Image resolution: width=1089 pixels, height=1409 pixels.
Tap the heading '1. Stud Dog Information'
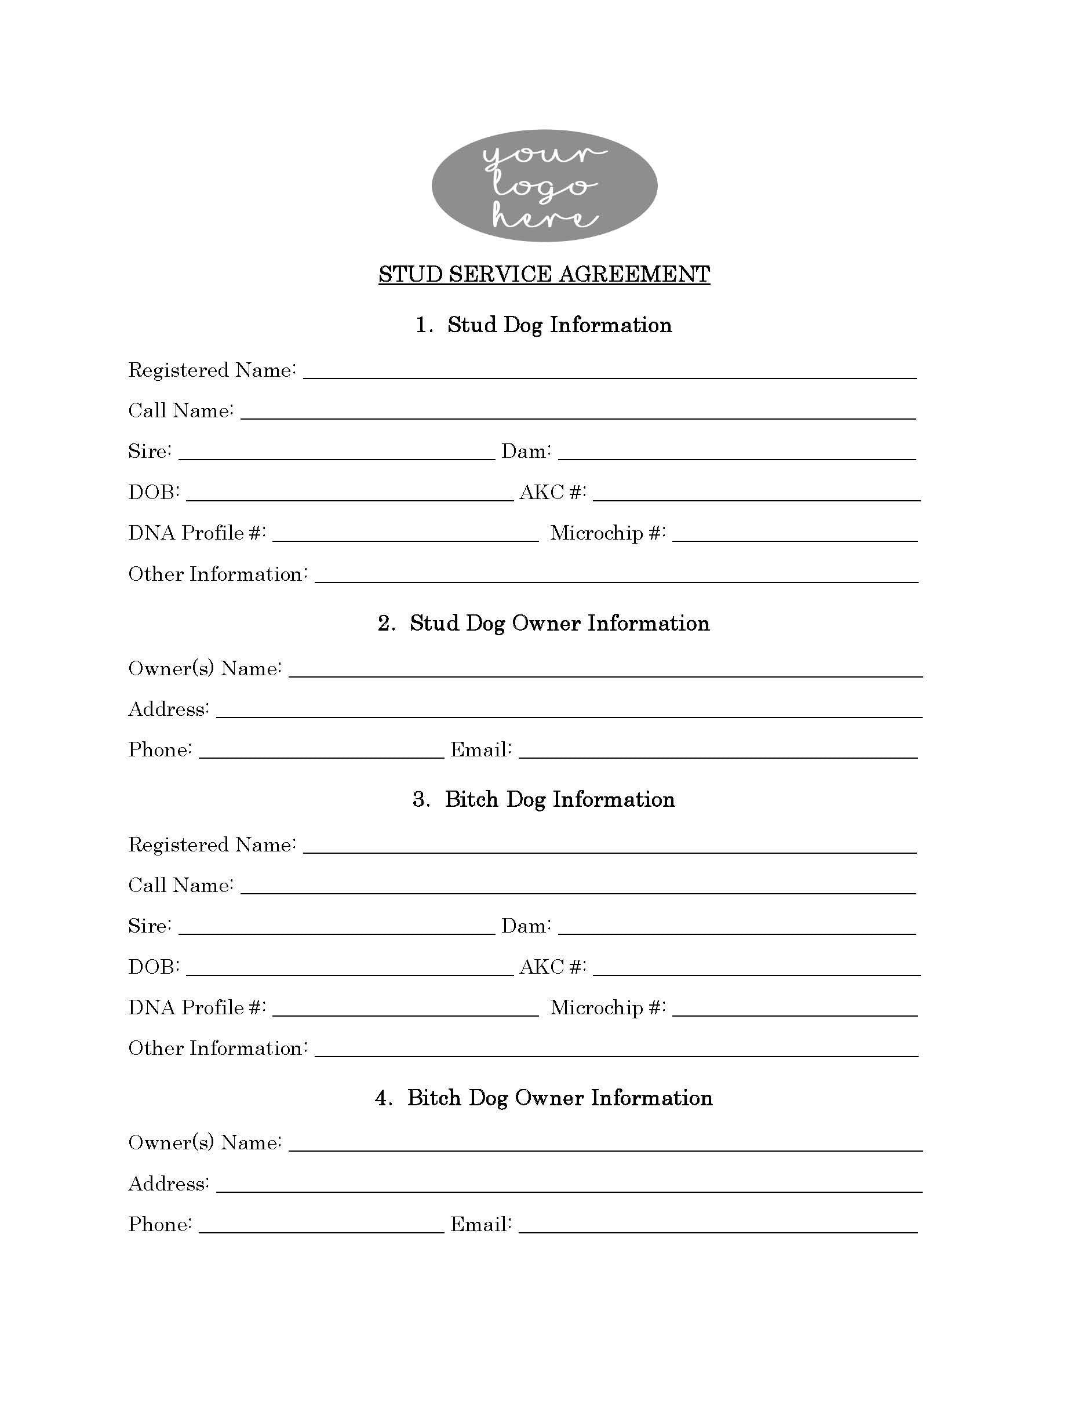tap(544, 325)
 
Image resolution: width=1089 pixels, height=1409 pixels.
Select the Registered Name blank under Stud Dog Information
tap(610, 372)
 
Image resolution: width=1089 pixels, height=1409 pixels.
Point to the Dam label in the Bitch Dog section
tap(526, 926)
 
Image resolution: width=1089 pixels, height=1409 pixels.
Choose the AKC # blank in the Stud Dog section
tap(756, 494)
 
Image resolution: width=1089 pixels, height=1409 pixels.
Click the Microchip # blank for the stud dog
tap(794, 535)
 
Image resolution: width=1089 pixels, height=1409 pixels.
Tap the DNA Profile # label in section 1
tap(197, 533)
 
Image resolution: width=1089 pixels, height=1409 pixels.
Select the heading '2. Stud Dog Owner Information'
tap(544, 623)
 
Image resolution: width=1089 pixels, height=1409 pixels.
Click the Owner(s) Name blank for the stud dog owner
tap(605, 671)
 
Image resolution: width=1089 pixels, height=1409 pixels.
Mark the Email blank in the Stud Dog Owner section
tap(717, 752)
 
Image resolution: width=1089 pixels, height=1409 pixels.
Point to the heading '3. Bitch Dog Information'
tap(544, 799)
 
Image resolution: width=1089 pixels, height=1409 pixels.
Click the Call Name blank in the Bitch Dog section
tap(578, 887)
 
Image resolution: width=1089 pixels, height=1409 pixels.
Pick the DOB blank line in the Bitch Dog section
tap(349, 969)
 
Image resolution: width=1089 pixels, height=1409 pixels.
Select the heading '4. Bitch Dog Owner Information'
tap(544, 1098)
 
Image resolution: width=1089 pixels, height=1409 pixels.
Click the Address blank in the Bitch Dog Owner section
tap(569, 1186)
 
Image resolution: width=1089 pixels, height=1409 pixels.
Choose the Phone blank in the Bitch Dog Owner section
tap(321, 1226)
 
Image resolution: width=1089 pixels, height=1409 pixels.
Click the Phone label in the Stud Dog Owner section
tap(160, 749)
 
